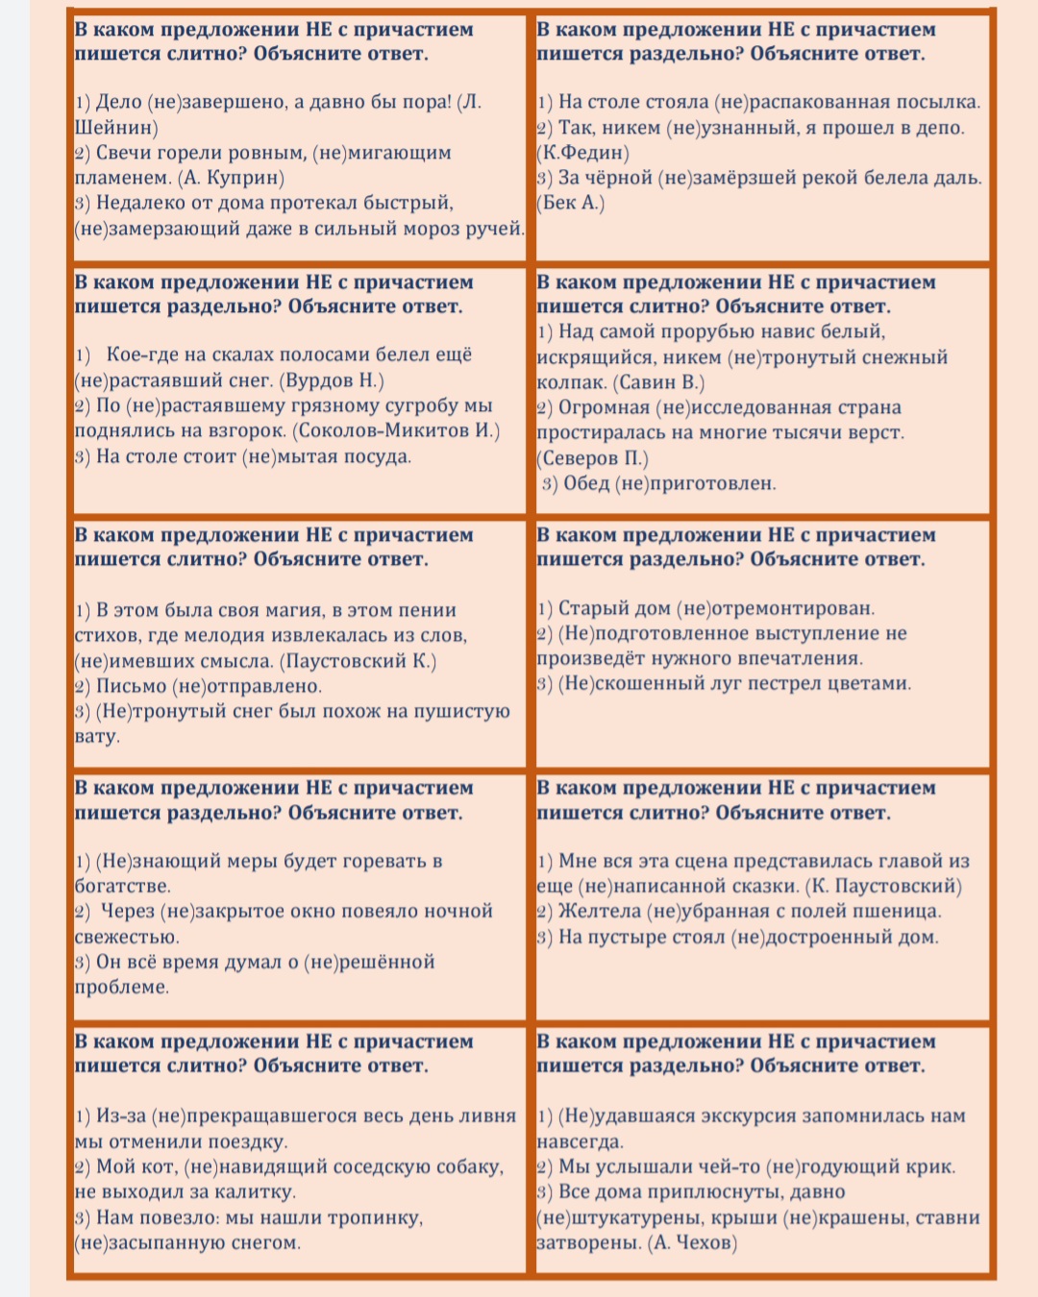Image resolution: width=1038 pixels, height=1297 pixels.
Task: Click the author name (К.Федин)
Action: [x=583, y=153]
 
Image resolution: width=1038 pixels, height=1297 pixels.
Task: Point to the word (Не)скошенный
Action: [x=619, y=683]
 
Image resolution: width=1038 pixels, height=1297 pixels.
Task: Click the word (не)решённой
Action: [x=369, y=962]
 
